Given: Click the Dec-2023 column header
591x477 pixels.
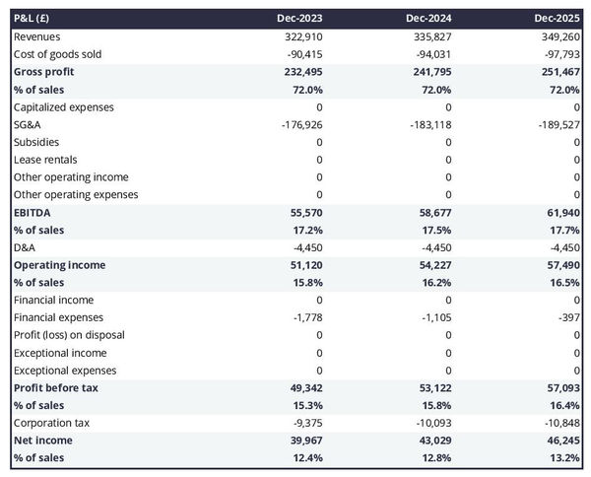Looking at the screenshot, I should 300,19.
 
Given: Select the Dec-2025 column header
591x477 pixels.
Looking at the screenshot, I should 558,19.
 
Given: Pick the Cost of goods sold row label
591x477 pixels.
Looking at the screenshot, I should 57,54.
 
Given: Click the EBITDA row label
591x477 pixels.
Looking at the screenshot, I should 33,212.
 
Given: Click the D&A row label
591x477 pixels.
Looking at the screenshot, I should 26,247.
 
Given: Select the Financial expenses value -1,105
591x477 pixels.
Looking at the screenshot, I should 434,317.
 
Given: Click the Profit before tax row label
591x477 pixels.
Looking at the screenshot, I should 56,387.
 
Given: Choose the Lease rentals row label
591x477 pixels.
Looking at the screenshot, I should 45,160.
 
